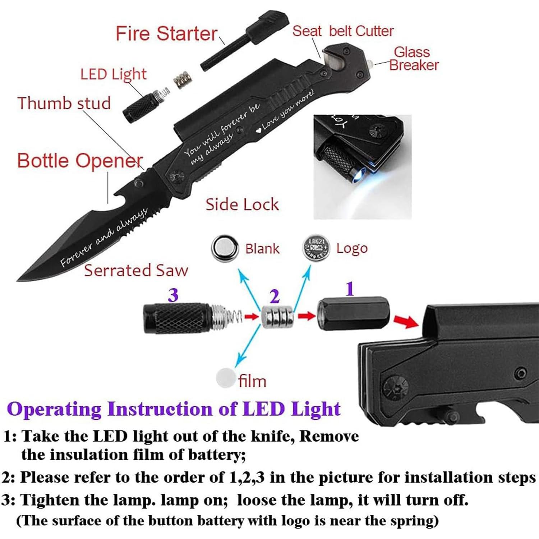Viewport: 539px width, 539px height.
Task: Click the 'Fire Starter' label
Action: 166,34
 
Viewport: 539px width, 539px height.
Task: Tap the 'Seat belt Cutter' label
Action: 342,31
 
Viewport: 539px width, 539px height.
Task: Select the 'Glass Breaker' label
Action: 413,59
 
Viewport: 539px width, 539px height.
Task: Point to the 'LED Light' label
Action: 113,74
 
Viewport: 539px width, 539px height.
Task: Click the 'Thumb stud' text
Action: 64,103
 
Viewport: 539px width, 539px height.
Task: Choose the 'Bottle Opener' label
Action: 80,160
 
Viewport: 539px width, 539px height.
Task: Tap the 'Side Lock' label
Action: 242,204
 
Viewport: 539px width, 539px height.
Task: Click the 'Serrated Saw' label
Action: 136,270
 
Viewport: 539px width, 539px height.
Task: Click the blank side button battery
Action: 225,248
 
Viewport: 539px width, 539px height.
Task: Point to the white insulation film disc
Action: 226,378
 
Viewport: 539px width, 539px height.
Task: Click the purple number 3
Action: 173,295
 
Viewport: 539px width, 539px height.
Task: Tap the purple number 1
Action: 350,289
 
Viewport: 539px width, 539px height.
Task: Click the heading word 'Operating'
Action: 54,409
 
